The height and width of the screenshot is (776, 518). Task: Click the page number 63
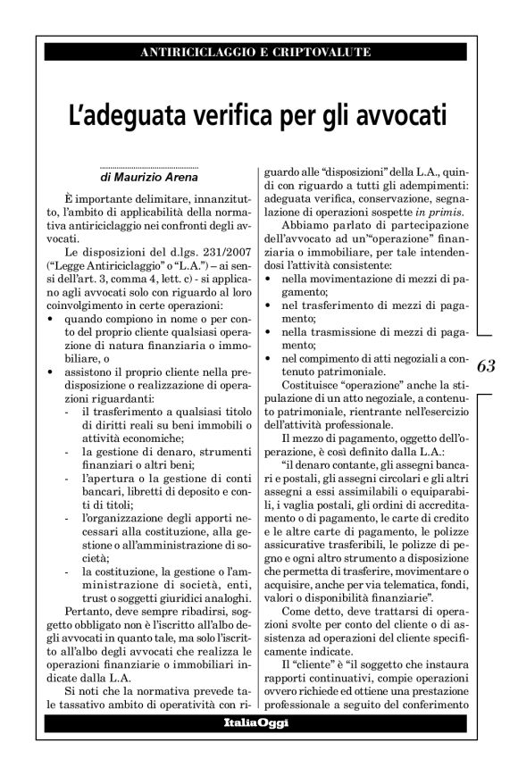(486, 364)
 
